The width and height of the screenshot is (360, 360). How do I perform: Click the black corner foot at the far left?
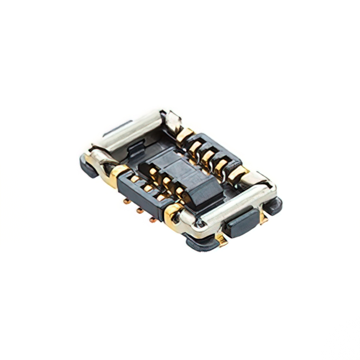click(87, 163)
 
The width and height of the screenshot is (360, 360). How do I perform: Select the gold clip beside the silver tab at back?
click(184, 135)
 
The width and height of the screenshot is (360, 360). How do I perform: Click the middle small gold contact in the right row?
click(209, 154)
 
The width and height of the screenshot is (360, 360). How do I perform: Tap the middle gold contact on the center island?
click(167, 180)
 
